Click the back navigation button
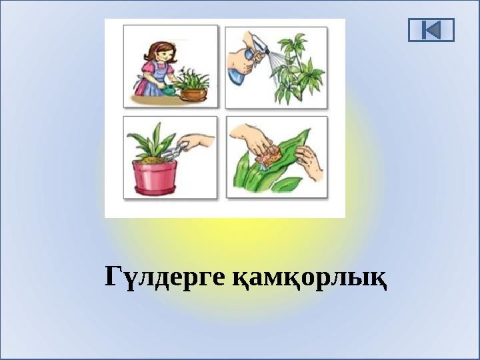(x=431, y=30)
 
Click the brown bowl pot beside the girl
(x=194, y=93)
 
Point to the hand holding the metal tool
(x=199, y=142)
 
